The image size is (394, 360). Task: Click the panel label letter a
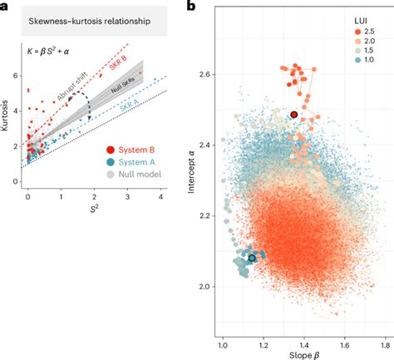coord(5,7)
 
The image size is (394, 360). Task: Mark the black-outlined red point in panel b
coord(293,114)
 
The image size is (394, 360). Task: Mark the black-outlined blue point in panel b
coord(252,258)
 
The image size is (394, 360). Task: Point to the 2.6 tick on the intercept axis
coord(207,74)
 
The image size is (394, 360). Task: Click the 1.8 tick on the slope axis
coord(385,343)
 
